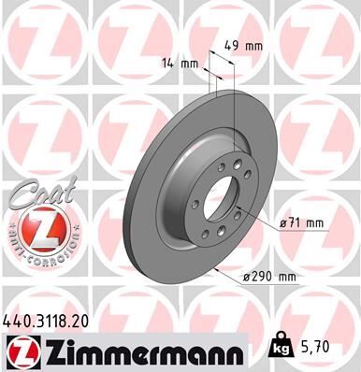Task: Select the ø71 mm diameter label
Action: (x=301, y=223)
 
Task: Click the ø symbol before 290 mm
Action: (x=246, y=277)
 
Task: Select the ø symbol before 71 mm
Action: (x=283, y=223)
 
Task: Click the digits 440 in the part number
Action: (x=16, y=320)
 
